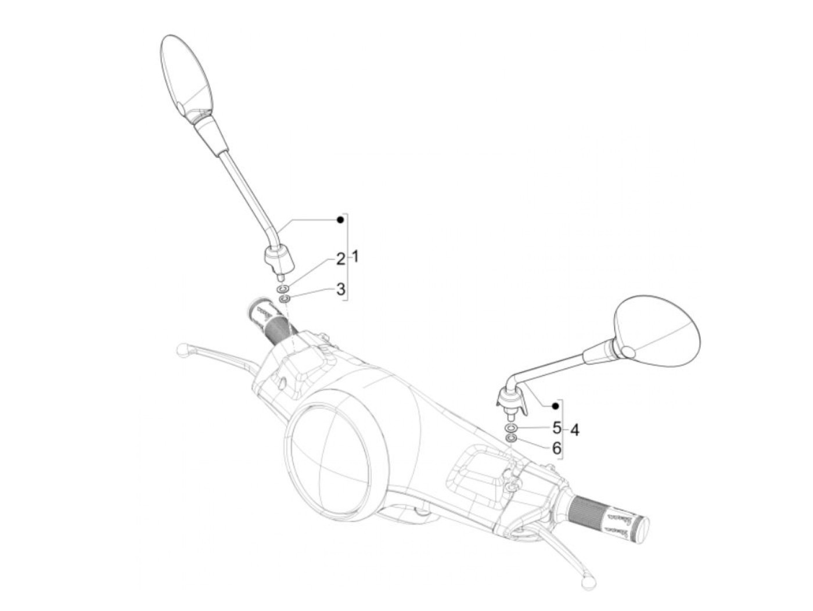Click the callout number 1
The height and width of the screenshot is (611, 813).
(355, 256)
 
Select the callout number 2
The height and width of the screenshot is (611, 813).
(340, 260)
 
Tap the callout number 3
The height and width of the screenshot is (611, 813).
(341, 289)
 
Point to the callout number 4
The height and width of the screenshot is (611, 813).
(574, 430)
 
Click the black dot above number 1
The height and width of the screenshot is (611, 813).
(341, 220)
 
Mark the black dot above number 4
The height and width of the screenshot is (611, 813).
(555, 405)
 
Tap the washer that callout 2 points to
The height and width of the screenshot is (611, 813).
(283, 289)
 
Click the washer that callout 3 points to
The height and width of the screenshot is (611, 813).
(285, 299)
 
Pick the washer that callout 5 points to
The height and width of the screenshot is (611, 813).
(510, 429)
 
